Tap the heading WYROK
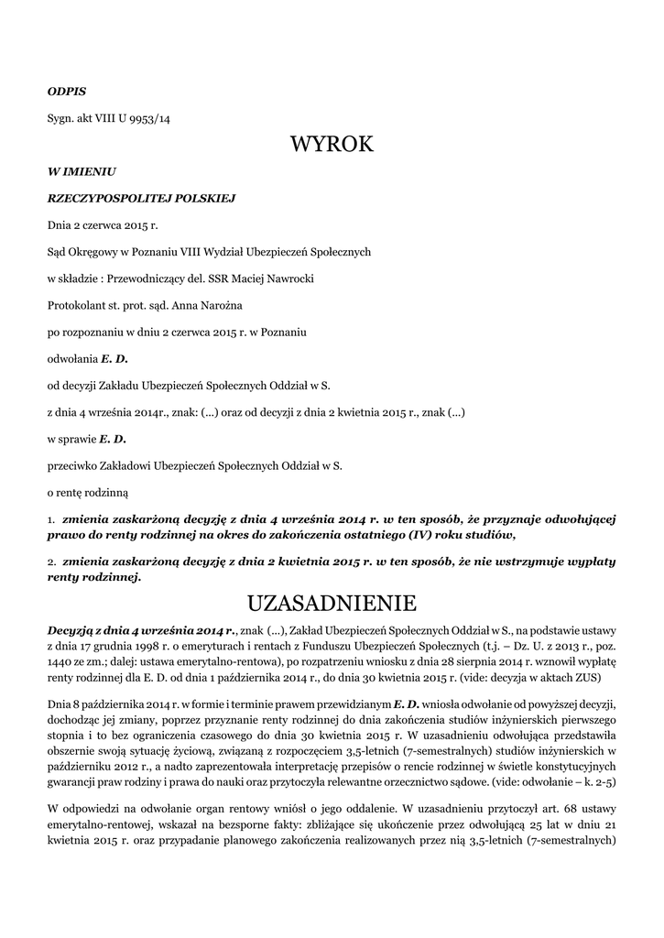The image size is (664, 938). tap(332, 145)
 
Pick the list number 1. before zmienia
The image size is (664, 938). tap(51, 519)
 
